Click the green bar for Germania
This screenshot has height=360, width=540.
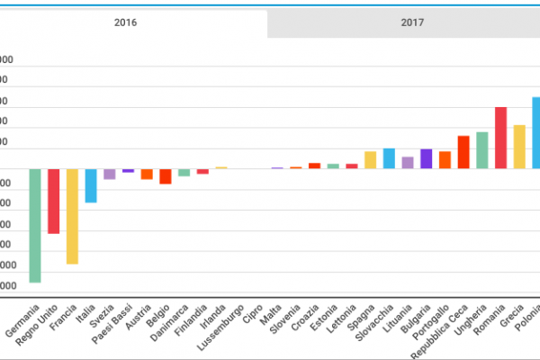coord(35,225)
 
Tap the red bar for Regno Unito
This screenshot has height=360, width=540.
coord(53,201)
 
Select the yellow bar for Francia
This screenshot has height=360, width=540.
coord(72,216)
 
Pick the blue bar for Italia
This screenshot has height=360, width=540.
coord(91,185)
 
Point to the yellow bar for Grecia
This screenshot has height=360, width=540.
coord(519,147)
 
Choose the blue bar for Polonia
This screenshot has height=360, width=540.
coord(535,132)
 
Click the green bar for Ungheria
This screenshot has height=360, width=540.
coord(482,150)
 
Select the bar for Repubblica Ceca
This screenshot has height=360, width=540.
coord(463,152)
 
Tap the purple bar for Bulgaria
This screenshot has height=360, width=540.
coord(427,158)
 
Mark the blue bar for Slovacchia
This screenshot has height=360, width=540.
coord(389,158)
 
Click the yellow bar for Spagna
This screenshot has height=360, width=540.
coord(370,159)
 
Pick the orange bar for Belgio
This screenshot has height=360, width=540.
coord(166,176)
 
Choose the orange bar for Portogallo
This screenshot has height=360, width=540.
coord(445,159)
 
